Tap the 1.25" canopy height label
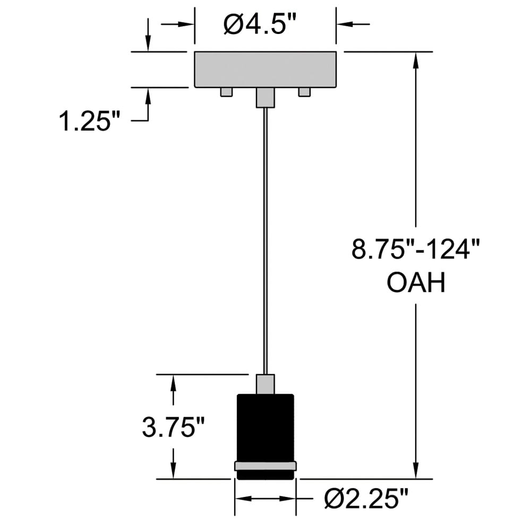pyautogui.click(x=89, y=121)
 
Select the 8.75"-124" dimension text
pyautogui.click(x=416, y=249)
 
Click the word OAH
pyautogui.click(x=416, y=283)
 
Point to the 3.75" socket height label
pyautogui.click(x=174, y=427)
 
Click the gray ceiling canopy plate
pyautogui.click(x=265, y=70)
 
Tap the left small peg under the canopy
pyautogui.click(x=226, y=92)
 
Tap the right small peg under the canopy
pyautogui.click(x=304, y=92)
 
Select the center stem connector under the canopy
pyautogui.click(x=265, y=98)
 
